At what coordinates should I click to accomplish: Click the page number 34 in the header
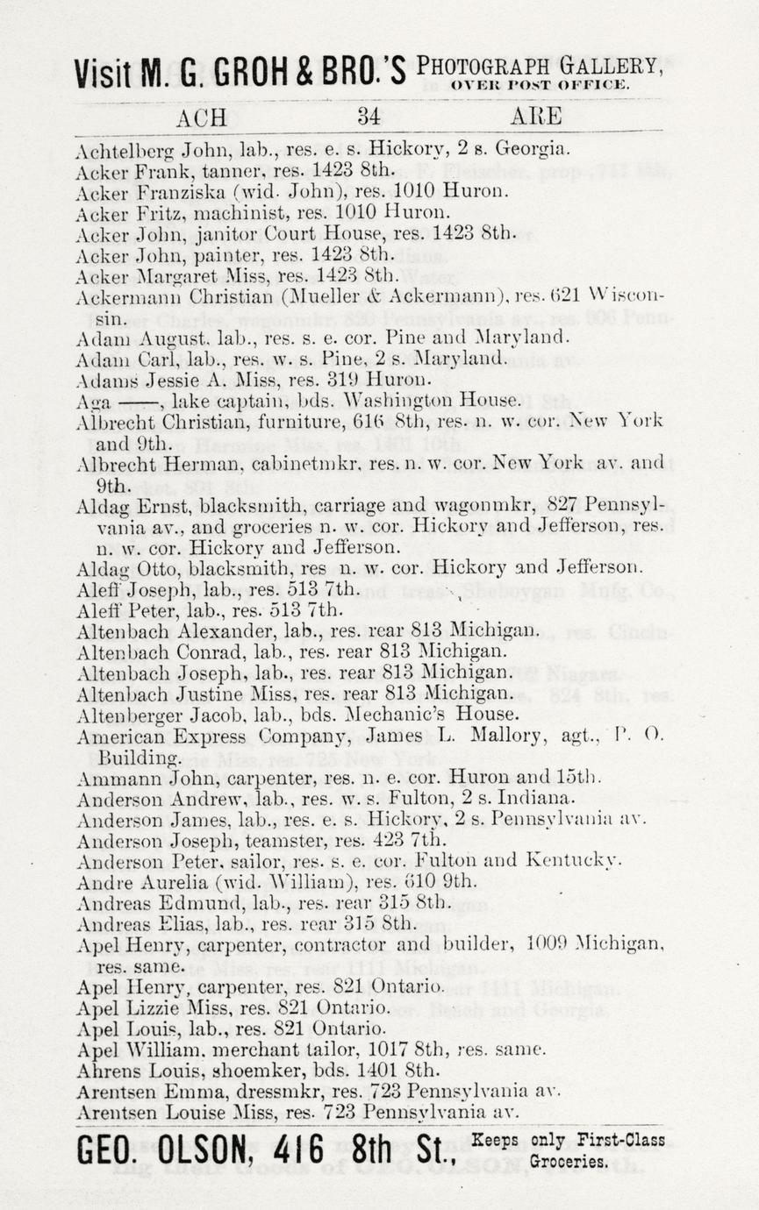pos(369,117)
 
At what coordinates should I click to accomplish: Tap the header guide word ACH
pos(201,117)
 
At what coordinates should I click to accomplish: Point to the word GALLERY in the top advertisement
pos(611,65)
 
